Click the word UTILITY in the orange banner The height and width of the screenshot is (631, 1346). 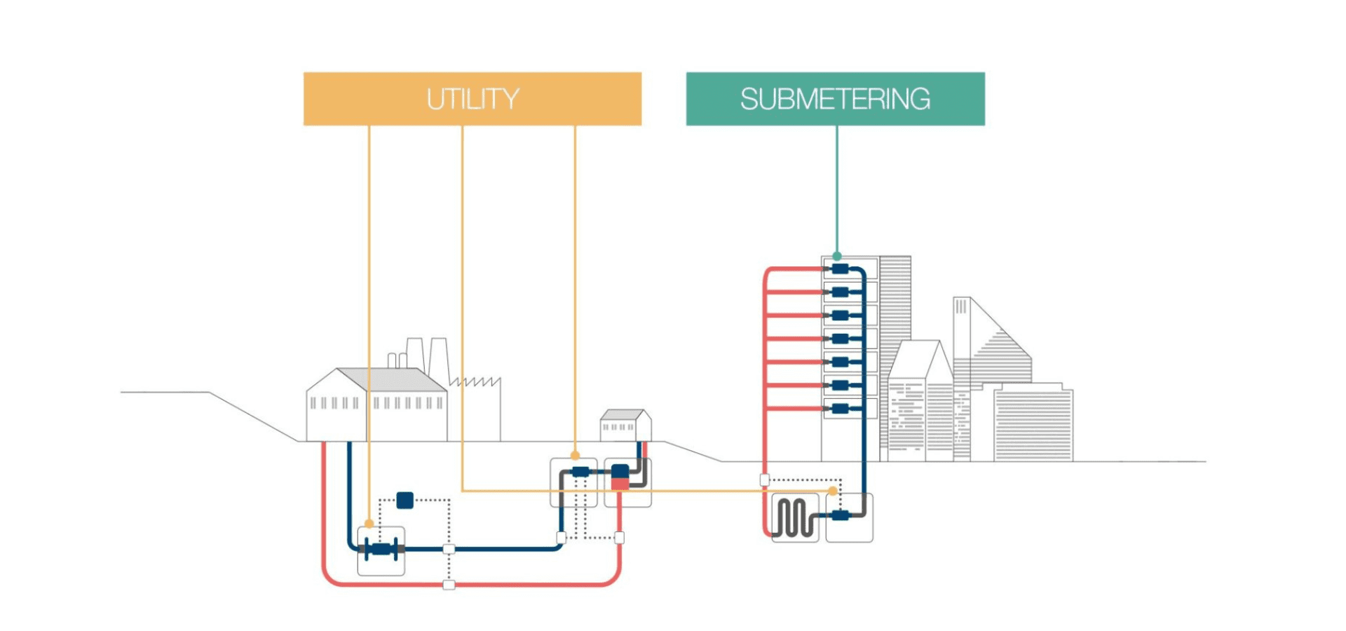tap(473, 99)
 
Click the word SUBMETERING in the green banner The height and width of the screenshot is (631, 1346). tap(835, 99)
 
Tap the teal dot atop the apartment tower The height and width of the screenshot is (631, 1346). tap(837, 257)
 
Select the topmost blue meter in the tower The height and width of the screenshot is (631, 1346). tap(841, 269)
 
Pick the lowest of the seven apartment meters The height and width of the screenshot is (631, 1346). tap(841, 408)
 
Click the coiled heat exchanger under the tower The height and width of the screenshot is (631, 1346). tap(795, 518)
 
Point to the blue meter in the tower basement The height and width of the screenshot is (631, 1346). tap(841, 516)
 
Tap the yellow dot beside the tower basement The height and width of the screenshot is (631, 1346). tap(833, 491)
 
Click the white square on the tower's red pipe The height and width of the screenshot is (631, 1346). tap(765, 480)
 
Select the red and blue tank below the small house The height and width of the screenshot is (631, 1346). tap(620, 477)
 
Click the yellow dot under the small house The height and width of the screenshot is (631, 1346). tap(576, 456)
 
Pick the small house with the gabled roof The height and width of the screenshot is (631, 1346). tap(625, 426)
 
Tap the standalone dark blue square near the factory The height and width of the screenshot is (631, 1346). tap(405, 500)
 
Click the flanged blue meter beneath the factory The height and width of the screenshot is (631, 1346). tap(381, 549)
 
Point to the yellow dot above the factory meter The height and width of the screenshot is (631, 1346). tap(369, 524)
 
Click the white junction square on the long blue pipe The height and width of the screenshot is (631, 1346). tap(449, 549)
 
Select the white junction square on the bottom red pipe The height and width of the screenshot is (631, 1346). tap(449, 585)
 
